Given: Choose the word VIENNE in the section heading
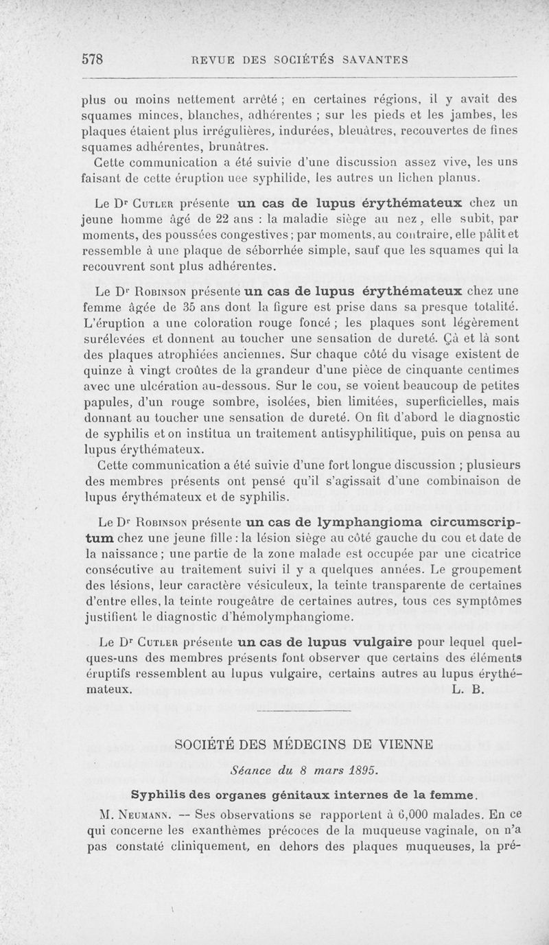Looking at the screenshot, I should point(401,744).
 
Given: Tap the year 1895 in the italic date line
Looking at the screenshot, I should point(360,769).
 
